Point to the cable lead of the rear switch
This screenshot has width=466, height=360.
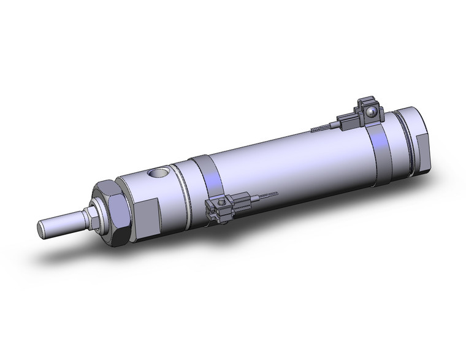point(325,128)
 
